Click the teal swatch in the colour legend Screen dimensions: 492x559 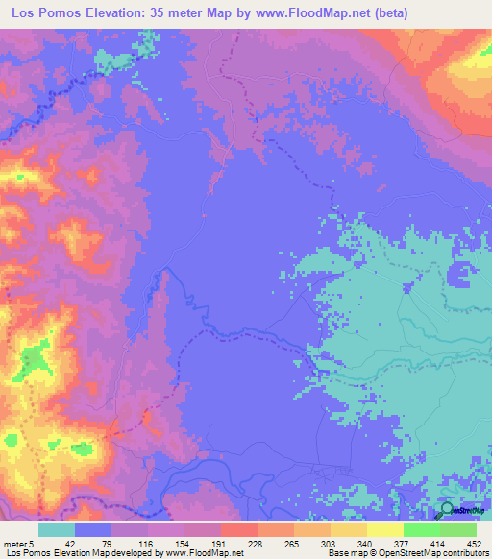pyautogui.click(x=57, y=529)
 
